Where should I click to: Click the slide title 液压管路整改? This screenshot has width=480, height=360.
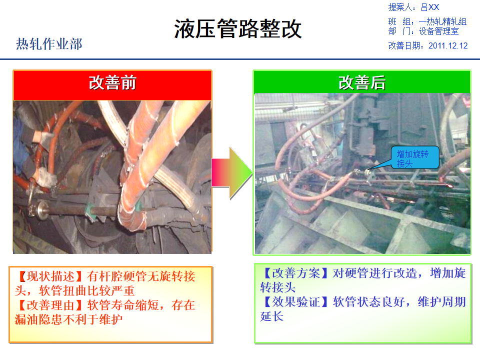[x=238, y=29]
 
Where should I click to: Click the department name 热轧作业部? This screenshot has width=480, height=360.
[x=49, y=44]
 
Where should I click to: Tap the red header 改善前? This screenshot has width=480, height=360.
[x=112, y=82]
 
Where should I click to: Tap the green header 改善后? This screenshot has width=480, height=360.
[x=362, y=82]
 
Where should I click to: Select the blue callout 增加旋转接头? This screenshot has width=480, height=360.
[x=416, y=157]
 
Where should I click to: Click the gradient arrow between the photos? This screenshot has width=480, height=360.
[x=232, y=173]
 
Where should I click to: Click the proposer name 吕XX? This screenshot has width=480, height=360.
[x=429, y=7]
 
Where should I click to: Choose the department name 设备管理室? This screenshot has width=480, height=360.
[x=438, y=31]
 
